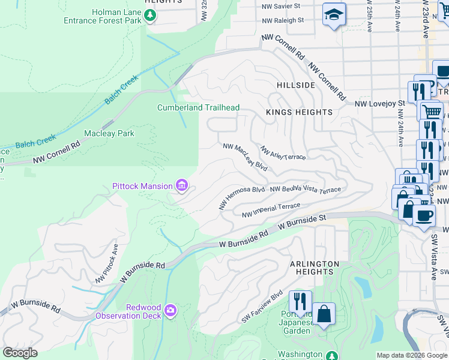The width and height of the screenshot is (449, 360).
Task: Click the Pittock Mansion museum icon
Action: (x=181, y=187)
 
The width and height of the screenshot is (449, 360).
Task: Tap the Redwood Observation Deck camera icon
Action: (x=170, y=310)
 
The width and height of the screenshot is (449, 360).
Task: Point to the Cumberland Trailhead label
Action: (x=198, y=108)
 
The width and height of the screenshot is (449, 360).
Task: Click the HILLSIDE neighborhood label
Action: (x=296, y=85)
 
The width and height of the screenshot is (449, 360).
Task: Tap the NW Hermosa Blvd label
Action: (x=242, y=197)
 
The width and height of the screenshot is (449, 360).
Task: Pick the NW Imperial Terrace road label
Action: (x=270, y=211)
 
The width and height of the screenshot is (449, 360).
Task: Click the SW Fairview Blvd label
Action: (x=262, y=306)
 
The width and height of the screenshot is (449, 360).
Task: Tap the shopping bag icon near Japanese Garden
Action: (x=324, y=314)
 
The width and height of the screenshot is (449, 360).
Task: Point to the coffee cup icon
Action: (x=424, y=216)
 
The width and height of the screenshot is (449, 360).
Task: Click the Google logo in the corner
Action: (x=20, y=353)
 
